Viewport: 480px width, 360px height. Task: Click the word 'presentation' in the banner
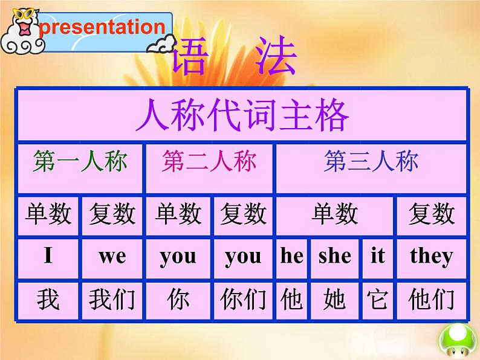click(104, 27)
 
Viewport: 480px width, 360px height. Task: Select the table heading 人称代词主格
click(242, 115)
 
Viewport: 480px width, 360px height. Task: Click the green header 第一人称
click(80, 162)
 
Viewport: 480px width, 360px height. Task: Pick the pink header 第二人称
click(209, 162)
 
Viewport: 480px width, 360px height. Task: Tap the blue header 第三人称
click(371, 162)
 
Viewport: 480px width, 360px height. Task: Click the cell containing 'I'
click(48, 256)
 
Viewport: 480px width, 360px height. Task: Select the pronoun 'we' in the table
click(112, 256)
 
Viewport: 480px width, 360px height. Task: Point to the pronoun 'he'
click(292, 256)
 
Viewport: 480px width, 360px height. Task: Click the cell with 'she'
click(335, 256)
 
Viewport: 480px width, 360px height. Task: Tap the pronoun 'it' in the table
click(378, 256)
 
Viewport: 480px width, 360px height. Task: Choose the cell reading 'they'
click(431, 256)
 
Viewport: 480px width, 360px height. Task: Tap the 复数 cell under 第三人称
click(431, 214)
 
